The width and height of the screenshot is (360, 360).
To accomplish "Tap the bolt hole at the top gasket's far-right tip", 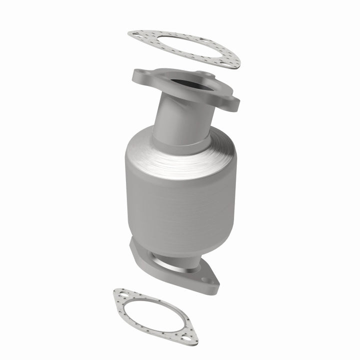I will pos(233,63).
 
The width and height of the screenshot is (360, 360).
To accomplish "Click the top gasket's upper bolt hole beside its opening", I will pos(200,39).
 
